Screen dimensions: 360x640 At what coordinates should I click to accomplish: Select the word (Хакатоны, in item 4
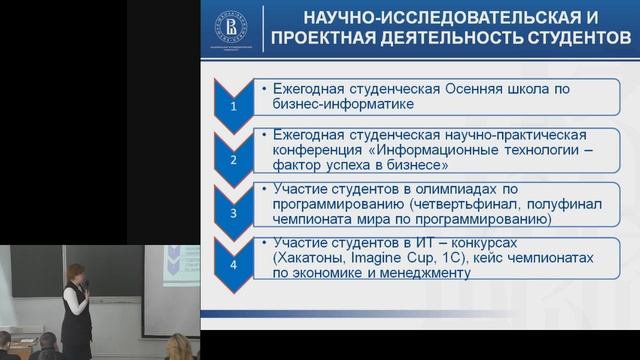pyautogui.click(x=308, y=257)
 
